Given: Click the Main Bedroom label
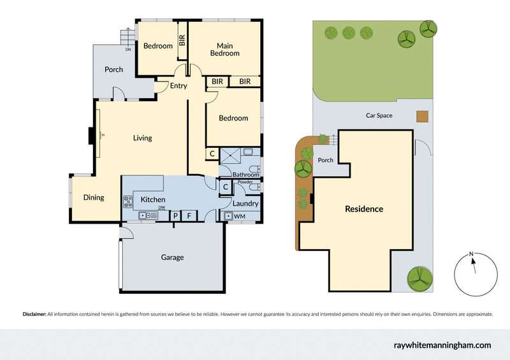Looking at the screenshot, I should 224,50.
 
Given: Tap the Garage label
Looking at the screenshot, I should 172,257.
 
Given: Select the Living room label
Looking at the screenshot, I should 142,138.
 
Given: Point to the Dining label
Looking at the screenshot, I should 94,198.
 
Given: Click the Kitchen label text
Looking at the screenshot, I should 153,199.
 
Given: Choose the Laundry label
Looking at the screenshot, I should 245,204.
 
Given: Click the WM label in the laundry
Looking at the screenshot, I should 240,217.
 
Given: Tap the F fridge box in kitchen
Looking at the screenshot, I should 189,216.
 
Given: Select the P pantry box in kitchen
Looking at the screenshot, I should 176,216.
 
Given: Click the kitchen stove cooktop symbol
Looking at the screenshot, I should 127,201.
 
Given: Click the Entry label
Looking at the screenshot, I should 178,85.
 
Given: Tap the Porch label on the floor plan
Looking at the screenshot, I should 113,69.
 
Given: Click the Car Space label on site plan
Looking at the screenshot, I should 379,115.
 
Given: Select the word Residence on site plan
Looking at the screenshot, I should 364,209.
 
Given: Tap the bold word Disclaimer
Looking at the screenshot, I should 34,314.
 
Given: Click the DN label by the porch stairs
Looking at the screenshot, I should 127,49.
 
